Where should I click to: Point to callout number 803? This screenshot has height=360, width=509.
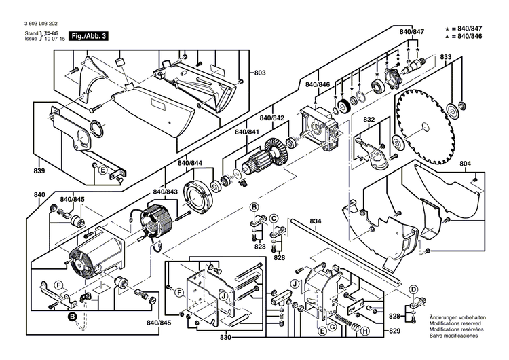261,73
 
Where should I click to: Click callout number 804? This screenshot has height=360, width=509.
484,164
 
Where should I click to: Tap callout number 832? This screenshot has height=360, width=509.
369,120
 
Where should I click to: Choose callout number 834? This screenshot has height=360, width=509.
316,221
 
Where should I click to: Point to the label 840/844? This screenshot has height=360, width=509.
189,164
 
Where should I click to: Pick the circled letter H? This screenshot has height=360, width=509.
364,331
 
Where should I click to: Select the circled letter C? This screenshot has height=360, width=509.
274,218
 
